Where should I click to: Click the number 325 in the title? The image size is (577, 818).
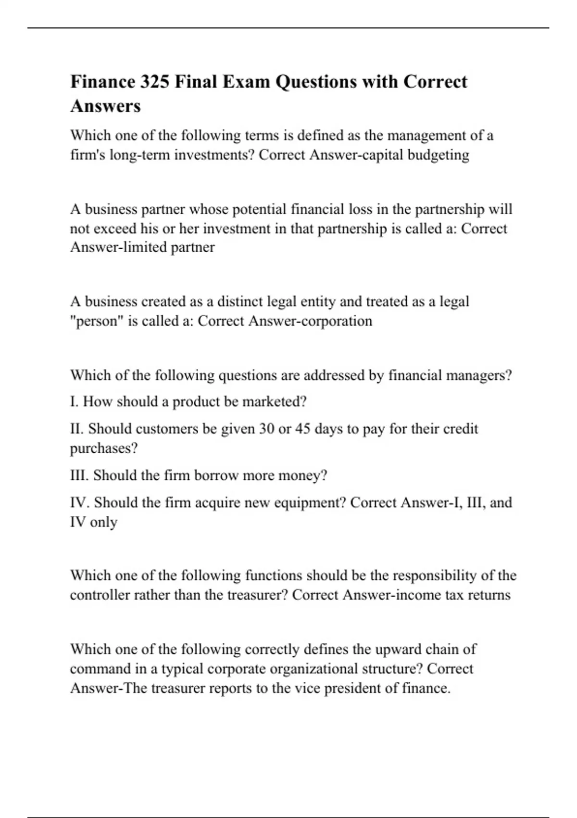(154, 82)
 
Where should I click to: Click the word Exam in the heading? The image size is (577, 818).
(247, 82)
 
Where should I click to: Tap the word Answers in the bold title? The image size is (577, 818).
(105, 106)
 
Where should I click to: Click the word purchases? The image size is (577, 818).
(104, 448)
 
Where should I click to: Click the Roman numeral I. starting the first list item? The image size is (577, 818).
(75, 402)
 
